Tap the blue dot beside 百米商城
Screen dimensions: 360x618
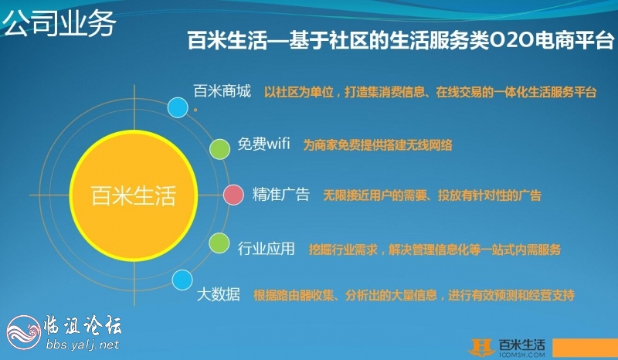click(178, 107)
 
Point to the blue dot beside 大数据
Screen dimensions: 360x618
click(182, 280)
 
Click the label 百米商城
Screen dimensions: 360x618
click(222, 92)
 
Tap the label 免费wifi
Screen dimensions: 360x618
click(263, 145)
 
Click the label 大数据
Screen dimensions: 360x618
click(219, 294)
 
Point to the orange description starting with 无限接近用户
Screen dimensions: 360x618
click(432, 195)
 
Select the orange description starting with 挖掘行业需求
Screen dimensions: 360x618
click(434, 249)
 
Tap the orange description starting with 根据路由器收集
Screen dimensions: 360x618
click(413, 295)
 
